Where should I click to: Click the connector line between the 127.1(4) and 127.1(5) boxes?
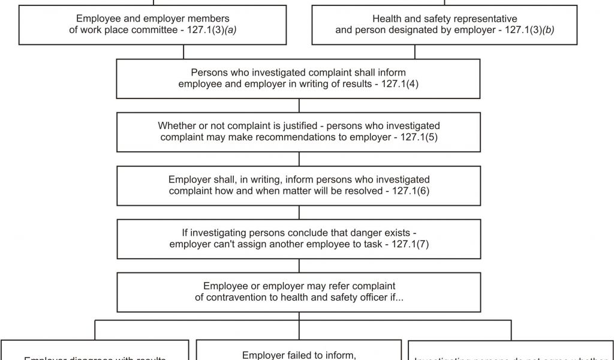[x=299, y=106]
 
